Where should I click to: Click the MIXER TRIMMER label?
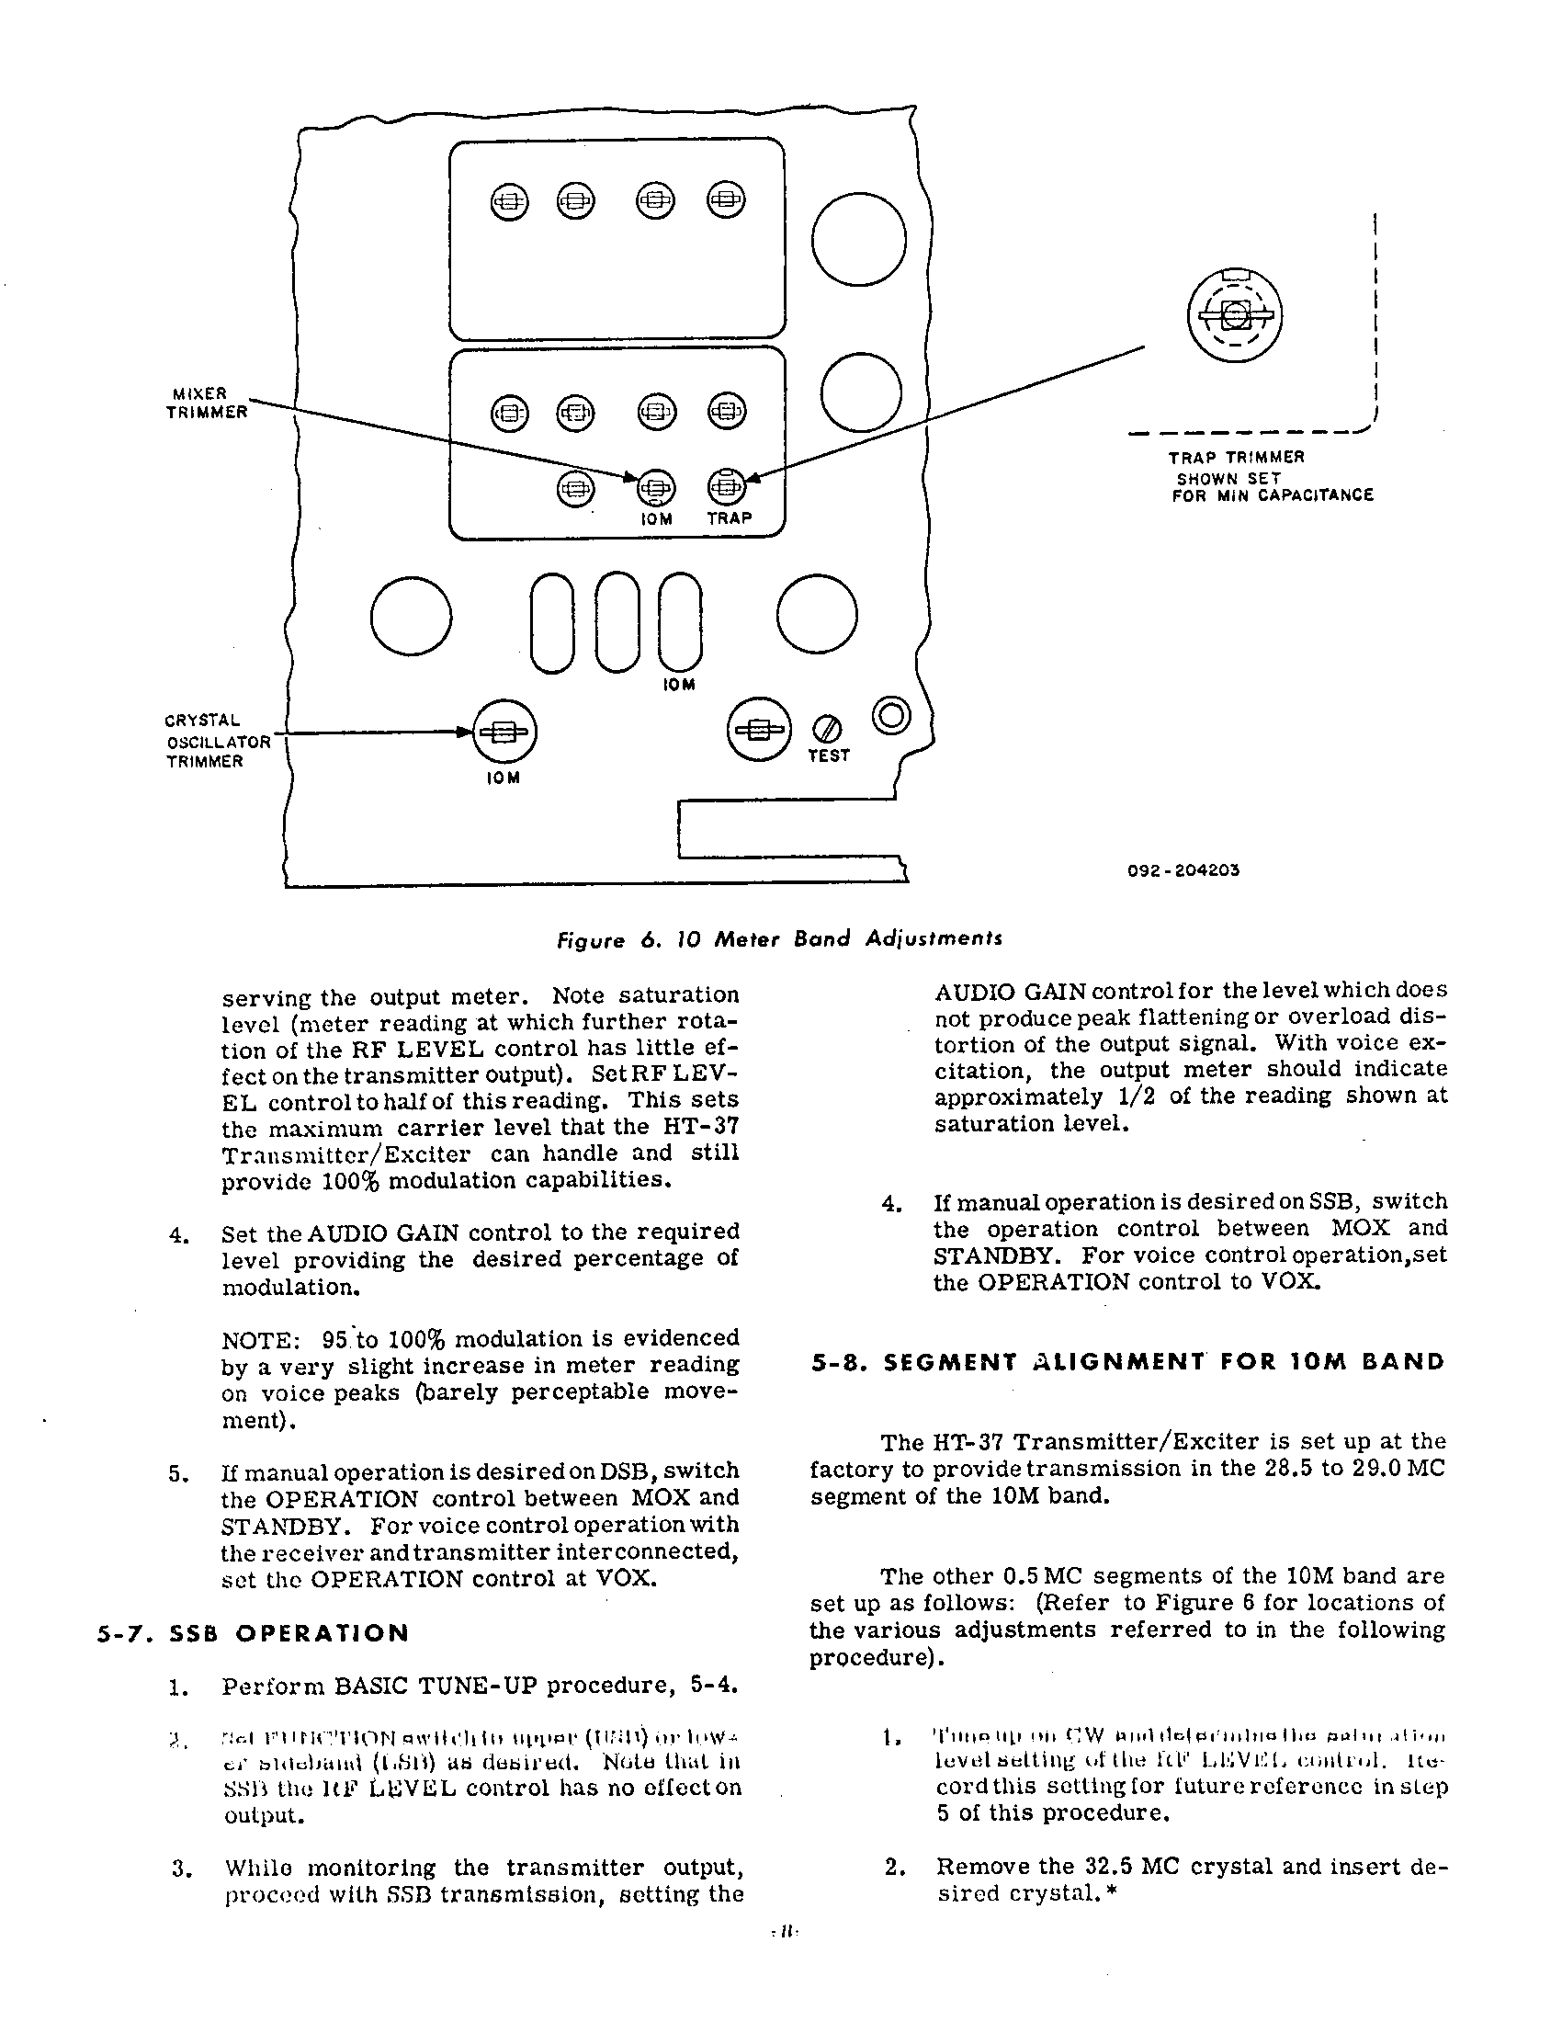tap(207, 403)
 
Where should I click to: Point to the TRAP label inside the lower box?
tap(730, 518)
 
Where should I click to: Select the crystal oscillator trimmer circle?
tap(504, 732)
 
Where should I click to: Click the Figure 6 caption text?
tap(778, 938)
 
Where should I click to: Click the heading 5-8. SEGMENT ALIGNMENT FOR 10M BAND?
tap(1127, 1362)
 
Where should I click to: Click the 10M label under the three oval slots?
tap(679, 685)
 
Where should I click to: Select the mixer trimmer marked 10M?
tap(655, 487)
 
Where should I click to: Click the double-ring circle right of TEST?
tap(891, 717)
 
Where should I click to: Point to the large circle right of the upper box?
tap(859, 240)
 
